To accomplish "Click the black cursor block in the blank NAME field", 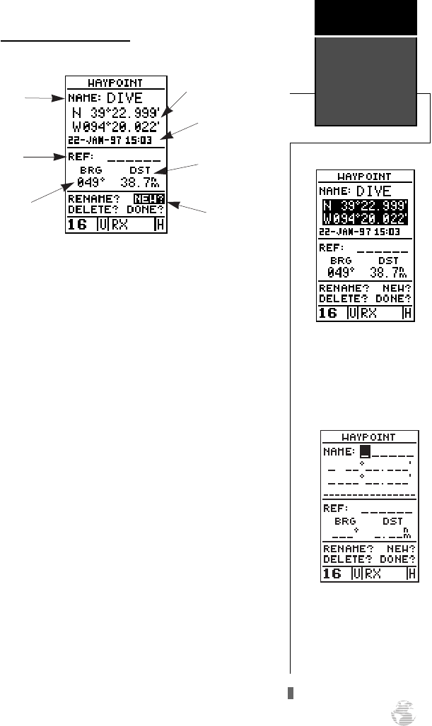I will [366, 449].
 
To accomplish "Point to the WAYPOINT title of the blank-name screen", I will [366, 436].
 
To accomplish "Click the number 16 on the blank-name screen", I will [332, 573].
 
